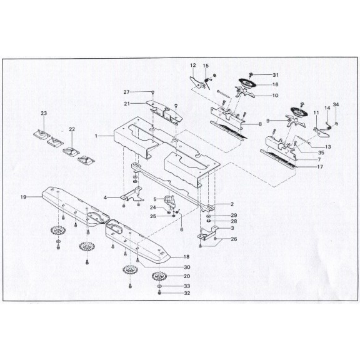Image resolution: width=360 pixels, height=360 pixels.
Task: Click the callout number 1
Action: tap(96, 135)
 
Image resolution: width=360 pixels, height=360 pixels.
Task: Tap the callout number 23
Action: tap(44, 113)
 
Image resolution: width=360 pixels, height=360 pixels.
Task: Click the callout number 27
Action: tap(126, 92)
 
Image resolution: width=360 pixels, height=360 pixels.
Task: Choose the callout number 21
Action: tap(126, 103)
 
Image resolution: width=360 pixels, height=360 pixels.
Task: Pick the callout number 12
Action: tap(193, 65)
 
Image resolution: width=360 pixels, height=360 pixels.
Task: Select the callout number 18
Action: tap(186, 256)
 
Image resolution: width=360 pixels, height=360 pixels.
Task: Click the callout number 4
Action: tap(106, 197)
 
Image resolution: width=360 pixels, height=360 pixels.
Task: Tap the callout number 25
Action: tap(153, 216)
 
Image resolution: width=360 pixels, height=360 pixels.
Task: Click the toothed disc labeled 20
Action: tap(160, 276)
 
